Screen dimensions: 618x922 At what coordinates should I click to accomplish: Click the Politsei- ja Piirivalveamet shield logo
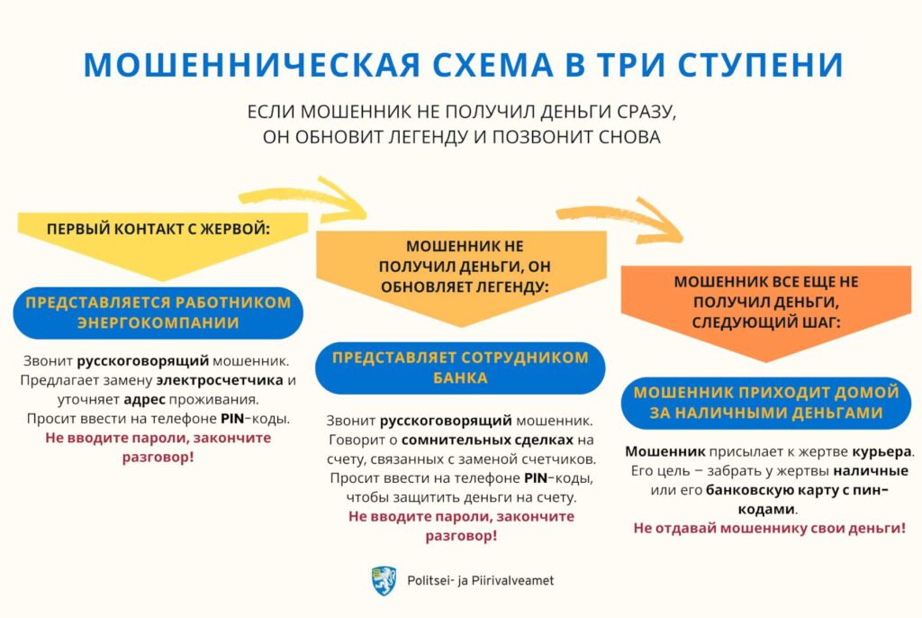[383, 580]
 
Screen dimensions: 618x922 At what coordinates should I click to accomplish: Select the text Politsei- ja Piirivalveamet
[480, 581]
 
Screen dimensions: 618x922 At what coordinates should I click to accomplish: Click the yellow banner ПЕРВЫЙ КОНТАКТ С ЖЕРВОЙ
[158, 229]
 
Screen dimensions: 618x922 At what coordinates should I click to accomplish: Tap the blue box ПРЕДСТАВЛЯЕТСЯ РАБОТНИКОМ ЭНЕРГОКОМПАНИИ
[158, 313]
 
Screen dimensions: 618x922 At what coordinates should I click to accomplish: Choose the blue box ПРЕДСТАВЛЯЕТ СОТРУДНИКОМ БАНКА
[460, 368]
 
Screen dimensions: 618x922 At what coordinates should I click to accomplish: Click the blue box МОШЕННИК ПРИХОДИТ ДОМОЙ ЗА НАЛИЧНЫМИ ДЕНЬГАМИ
[766, 403]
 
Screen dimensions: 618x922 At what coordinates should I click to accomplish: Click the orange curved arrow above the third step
[621, 219]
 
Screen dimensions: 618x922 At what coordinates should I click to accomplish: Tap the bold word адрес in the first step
[142, 398]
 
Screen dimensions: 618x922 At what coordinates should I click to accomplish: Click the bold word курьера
[880, 450]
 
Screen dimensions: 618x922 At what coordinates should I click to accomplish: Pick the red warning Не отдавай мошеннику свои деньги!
[769, 528]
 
